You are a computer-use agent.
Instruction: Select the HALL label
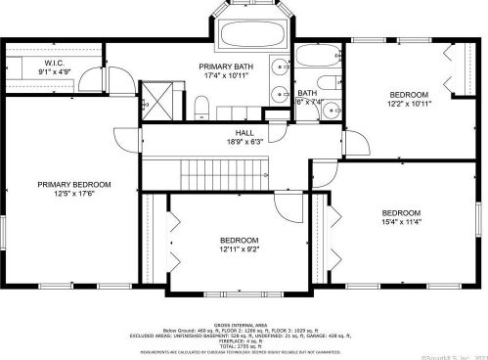pos(244,132)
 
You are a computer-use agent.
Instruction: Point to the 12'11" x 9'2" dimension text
pos(239,250)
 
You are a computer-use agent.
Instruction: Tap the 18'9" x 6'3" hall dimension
pos(244,142)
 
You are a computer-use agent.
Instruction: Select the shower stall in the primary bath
pos(156,98)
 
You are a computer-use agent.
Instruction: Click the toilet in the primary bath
pos(200,105)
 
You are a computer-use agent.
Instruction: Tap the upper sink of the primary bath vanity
pos(280,67)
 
